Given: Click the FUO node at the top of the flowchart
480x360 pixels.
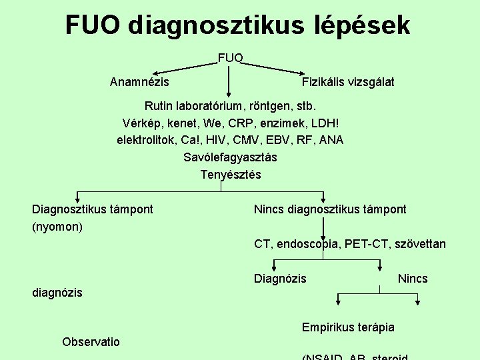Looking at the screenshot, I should [x=231, y=57].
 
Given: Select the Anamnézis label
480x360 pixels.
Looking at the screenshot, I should [x=139, y=82].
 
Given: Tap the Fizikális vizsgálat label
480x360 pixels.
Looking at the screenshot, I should [x=348, y=82].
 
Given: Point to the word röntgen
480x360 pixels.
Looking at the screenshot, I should [x=267, y=105].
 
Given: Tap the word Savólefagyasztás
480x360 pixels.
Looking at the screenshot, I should [x=231, y=157].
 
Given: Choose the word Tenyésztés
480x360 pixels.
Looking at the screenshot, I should [x=231, y=175].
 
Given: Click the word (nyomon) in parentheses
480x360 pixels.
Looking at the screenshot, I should [x=57, y=227].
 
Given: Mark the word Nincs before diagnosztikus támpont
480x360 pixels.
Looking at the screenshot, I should [x=269, y=209].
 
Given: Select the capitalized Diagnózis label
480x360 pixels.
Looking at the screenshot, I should [x=280, y=279].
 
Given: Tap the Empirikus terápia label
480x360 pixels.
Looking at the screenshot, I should [x=348, y=327].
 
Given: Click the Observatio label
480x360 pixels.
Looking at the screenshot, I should [x=91, y=342].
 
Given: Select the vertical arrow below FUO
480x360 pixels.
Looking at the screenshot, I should [x=229, y=83].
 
